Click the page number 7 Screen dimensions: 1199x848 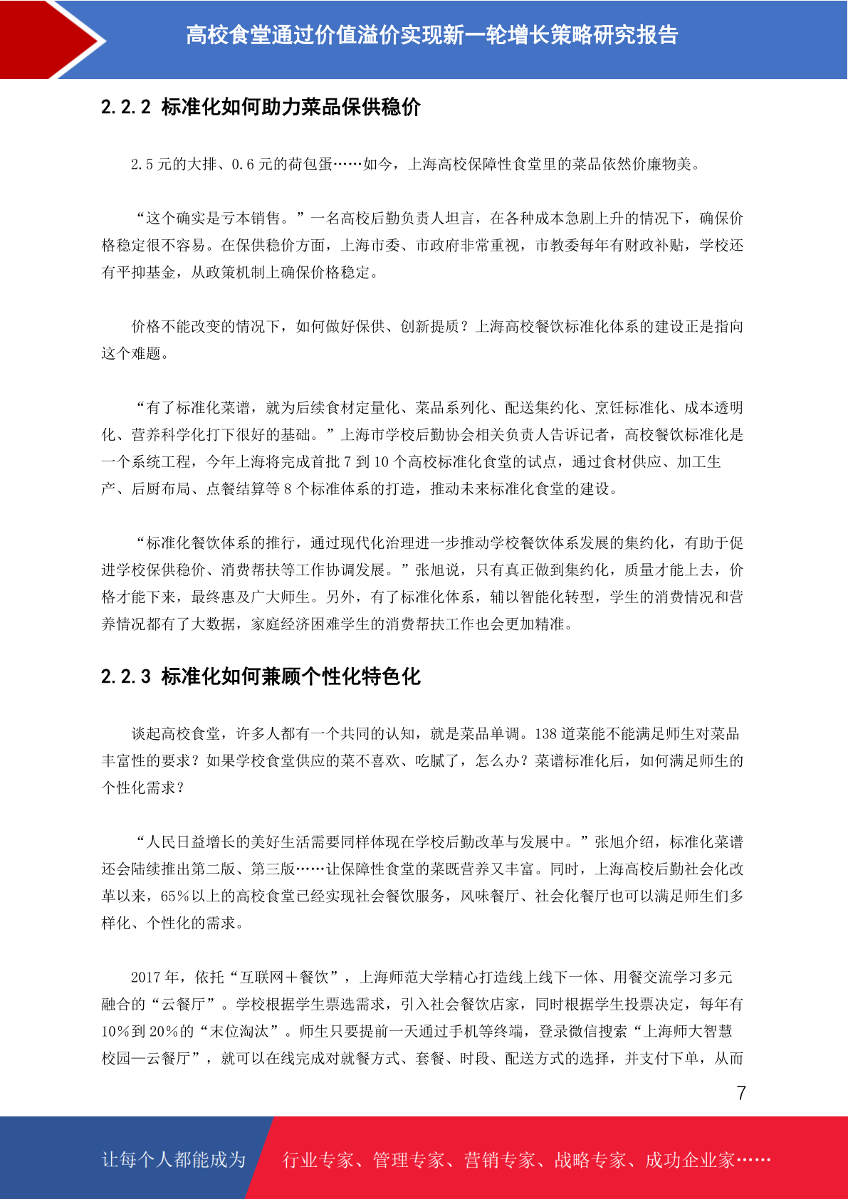click(741, 1093)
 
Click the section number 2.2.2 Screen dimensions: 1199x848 click(126, 107)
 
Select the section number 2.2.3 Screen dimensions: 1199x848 click(126, 676)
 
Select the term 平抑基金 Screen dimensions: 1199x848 click(147, 273)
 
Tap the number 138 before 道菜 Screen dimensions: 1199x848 click(545, 734)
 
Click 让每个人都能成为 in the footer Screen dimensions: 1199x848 click(174, 1160)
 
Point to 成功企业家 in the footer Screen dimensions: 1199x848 click(689, 1160)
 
